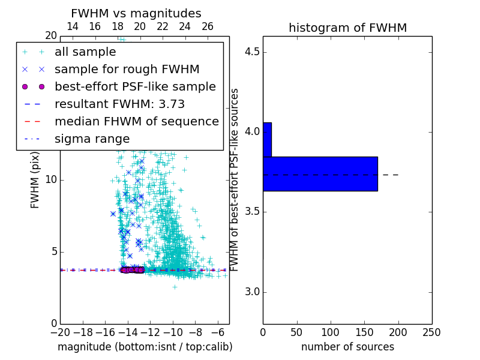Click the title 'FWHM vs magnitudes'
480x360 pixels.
tap(136, 13)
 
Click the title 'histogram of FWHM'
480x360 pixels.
tap(347, 28)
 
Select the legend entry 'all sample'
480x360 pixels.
tap(85, 52)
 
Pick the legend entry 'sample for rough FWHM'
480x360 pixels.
tap(127, 70)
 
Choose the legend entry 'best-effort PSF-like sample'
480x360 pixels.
tap(135, 87)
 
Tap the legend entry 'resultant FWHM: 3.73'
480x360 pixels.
tap(119, 104)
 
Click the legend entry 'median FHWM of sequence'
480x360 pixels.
tap(136, 122)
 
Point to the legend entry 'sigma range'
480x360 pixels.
tap(92, 139)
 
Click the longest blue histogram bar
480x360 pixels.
tap(320, 174)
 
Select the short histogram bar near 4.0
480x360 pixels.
tap(267, 140)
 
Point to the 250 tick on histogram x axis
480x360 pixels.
tap(431, 332)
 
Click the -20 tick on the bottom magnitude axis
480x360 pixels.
tap(60, 332)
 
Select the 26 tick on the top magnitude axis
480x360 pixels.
tap(208, 26)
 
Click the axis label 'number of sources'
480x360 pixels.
tap(347, 347)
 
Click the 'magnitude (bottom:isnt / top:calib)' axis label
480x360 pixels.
tap(145, 347)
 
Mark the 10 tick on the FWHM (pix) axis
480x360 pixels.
tap(51, 180)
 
